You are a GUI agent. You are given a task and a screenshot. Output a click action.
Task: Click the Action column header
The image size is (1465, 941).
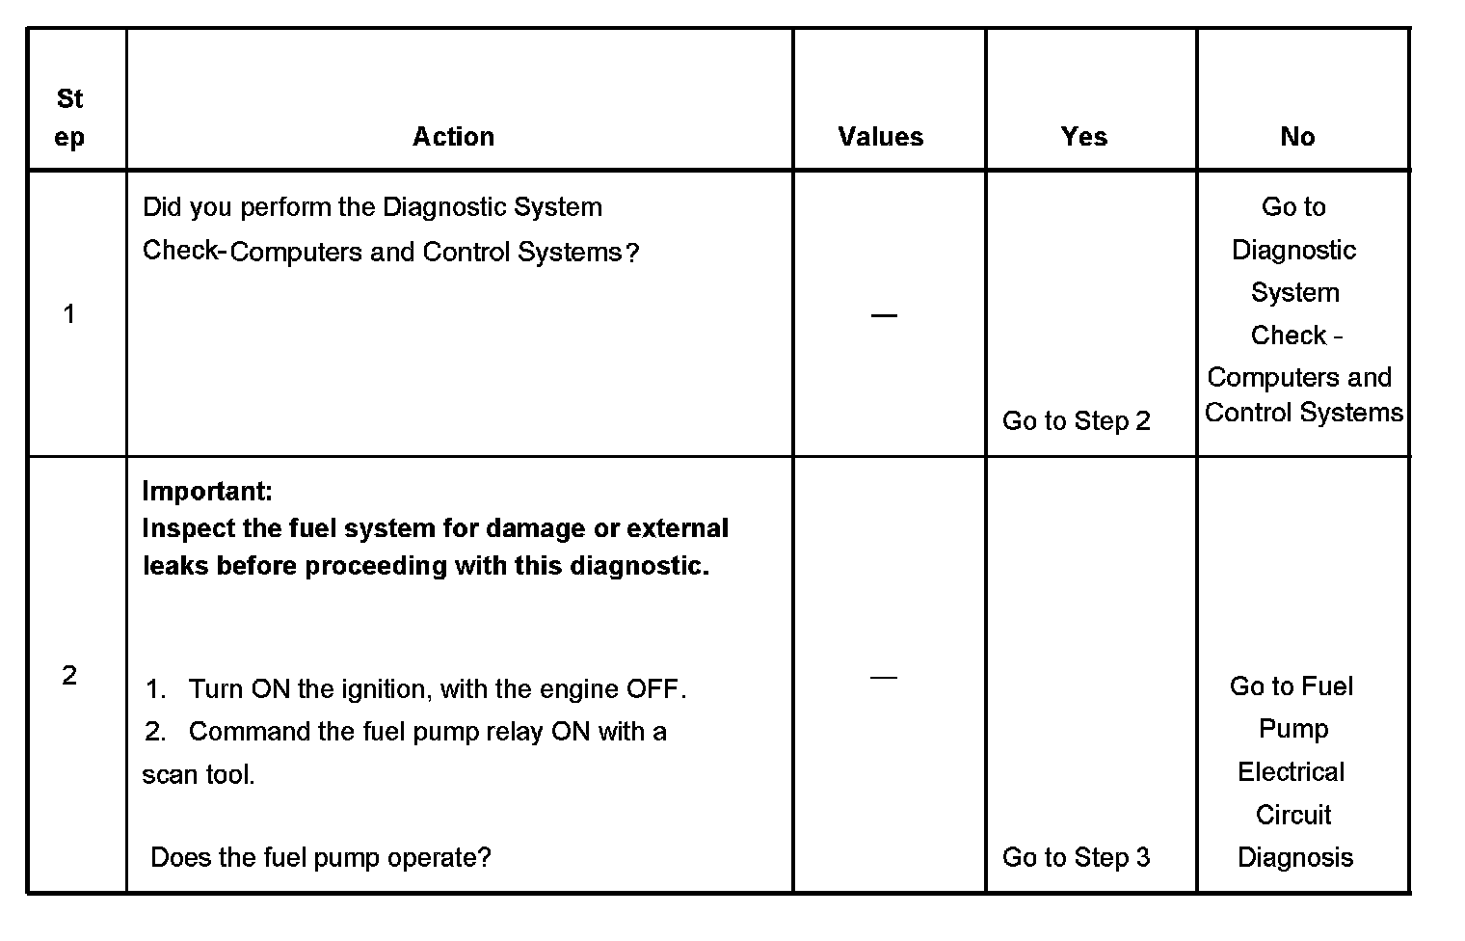[453, 137]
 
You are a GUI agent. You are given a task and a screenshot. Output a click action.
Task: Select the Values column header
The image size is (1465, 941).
[880, 137]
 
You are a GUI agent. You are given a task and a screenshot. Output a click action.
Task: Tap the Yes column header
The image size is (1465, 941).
[1083, 137]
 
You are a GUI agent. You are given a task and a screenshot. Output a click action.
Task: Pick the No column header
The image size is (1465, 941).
[1297, 137]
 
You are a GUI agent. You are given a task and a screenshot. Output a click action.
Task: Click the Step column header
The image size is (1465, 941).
[69, 118]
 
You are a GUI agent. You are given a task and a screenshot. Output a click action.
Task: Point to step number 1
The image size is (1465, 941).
[69, 314]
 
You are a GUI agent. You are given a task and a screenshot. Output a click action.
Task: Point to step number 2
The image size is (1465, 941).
[69, 676]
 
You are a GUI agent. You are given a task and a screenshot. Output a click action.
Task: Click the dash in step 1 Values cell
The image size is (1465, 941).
[883, 315]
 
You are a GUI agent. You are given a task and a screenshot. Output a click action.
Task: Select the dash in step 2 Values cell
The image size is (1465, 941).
[883, 677]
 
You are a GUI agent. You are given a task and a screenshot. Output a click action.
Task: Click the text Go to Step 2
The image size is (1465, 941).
[1076, 421]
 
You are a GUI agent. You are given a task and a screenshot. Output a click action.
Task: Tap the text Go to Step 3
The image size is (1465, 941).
[1076, 857]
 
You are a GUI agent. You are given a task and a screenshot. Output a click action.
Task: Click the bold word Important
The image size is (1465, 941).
[207, 492]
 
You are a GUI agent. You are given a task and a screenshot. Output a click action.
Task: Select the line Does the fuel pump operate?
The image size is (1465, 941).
[321, 857]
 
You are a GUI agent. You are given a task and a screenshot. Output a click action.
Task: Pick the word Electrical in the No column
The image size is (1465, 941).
[1291, 772]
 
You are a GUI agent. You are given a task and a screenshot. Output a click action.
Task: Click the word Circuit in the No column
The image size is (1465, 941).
[1293, 815]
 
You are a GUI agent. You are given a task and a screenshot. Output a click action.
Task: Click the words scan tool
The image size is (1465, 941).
[199, 775]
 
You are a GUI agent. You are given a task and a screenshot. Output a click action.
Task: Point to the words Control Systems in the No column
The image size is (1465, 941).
[1303, 413]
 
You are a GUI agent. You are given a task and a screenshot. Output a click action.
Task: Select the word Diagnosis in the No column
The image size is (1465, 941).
[1294, 857]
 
